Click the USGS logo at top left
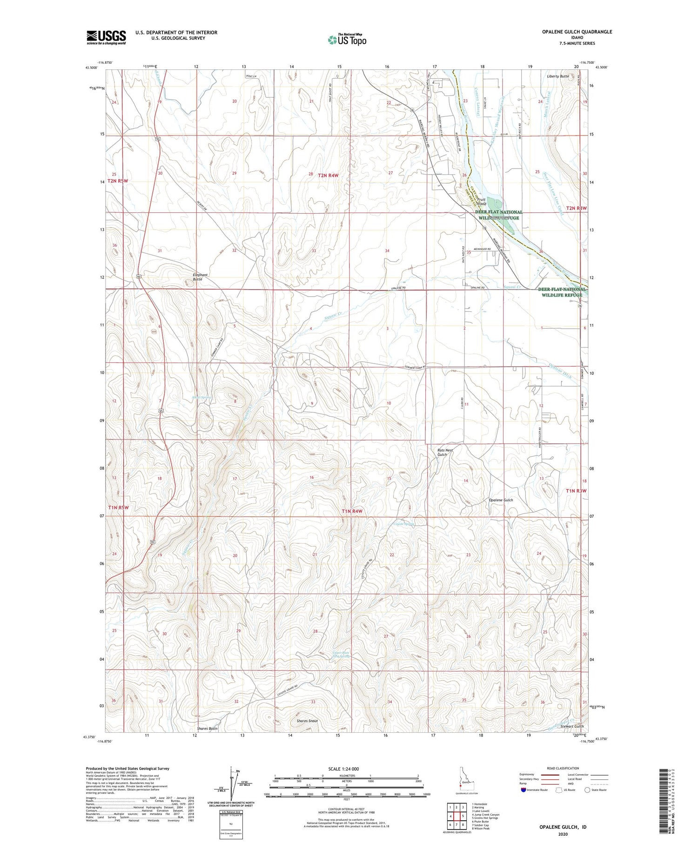[x=106, y=37]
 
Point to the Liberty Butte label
[x=557, y=76]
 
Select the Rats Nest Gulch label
[x=444, y=452]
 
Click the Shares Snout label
[x=307, y=721]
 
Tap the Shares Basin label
[x=207, y=728]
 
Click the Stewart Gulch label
[x=572, y=726]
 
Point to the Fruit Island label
[x=481, y=202]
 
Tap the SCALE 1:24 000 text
[x=343, y=769]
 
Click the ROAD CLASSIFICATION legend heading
[x=563, y=768]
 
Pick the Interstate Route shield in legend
[x=523, y=790]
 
